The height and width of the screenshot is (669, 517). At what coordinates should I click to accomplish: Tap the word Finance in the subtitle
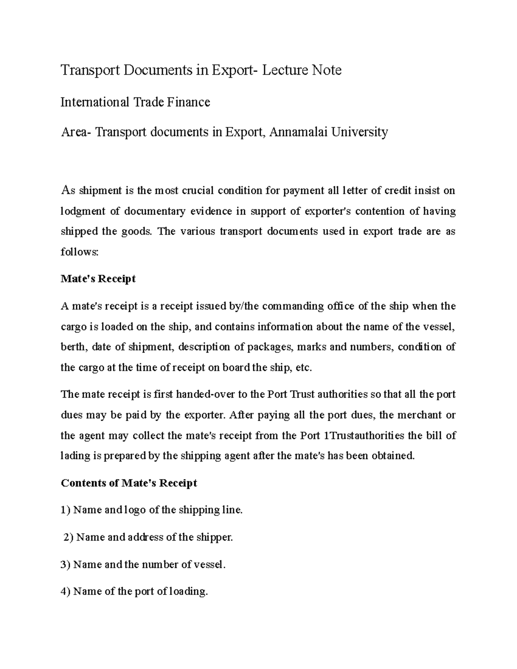tap(190, 102)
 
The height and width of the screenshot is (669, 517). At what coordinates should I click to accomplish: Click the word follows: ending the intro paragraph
tap(80, 252)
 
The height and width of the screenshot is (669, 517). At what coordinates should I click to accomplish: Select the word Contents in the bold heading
tap(83, 483)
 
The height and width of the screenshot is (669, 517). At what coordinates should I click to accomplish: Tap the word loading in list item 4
tap(188, 591)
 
